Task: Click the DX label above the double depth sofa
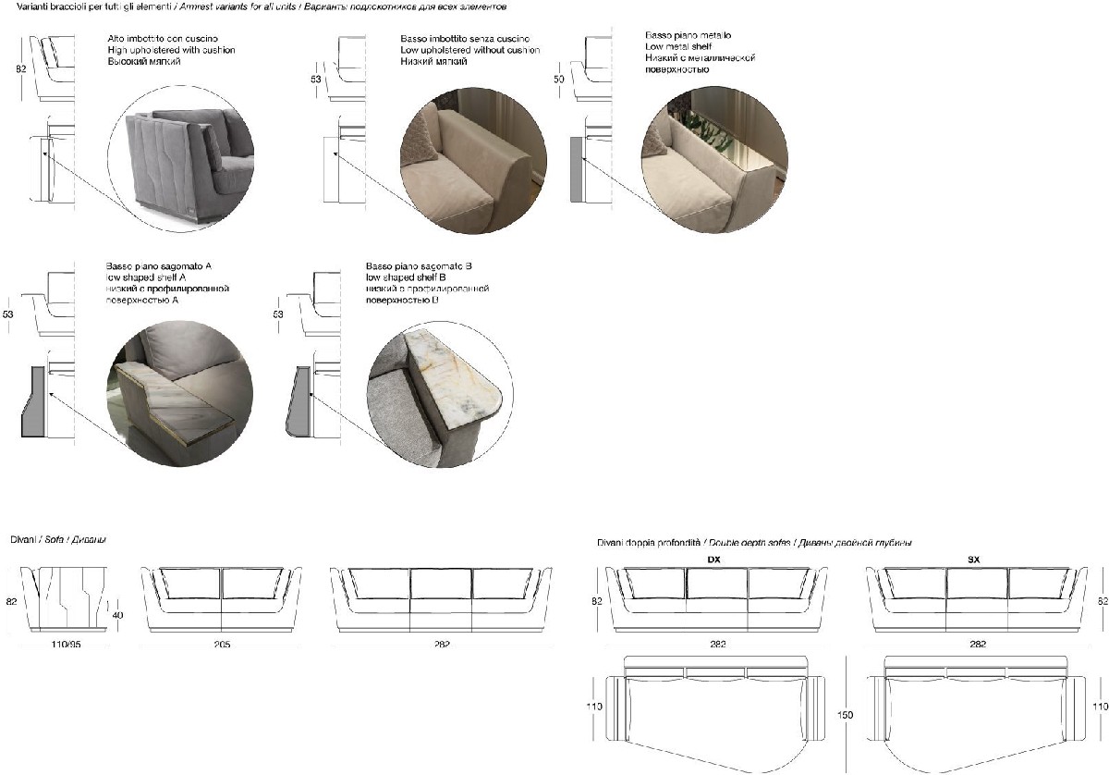(713, 560)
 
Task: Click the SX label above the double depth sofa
(973, 560)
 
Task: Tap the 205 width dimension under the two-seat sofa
(221, 644)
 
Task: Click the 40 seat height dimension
(116, 614)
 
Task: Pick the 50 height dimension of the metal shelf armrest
(559, 80)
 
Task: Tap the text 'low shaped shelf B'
(407, 277)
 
